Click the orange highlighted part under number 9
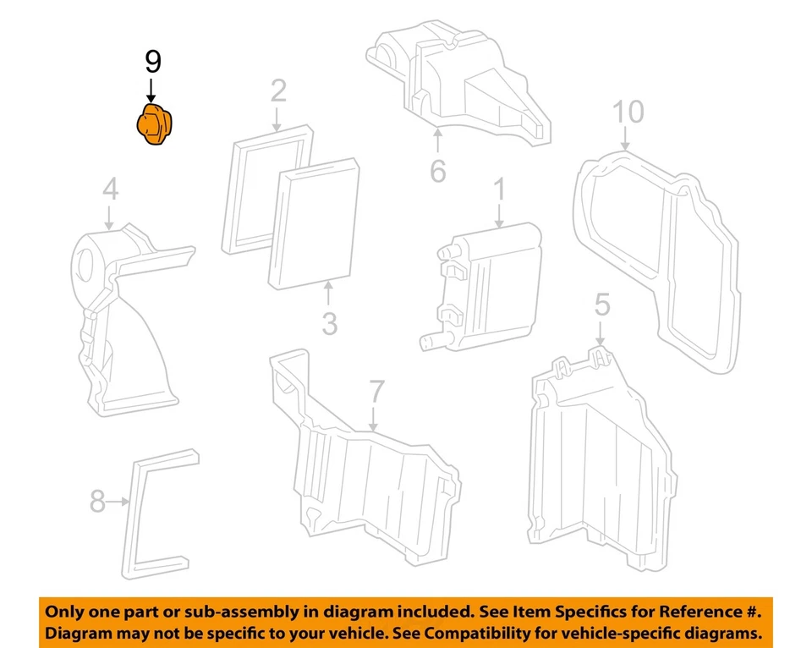tap(154, 126)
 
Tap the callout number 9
tap(152, 61)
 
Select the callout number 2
tap(278, 91)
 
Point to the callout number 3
tap(328, 323)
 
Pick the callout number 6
tap(437, 170)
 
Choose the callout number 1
tap(499, 189)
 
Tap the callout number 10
tap(628, 112)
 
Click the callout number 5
tap(601, 304)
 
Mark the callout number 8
tap(97, 502)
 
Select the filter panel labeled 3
tap(314, 224)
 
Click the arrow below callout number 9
tap(152, 90)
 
